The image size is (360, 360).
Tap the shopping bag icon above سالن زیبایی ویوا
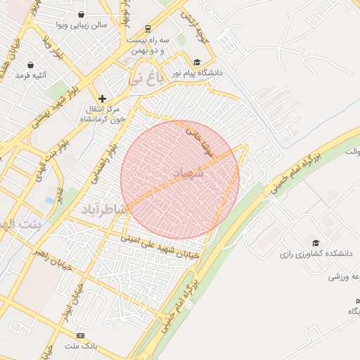click(82, 14)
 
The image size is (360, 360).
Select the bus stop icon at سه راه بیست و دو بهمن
click(148, 29)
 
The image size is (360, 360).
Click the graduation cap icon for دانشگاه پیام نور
click(197, 62)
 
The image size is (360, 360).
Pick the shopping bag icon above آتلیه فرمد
click(30, 65)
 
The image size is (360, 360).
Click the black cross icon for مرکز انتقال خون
click(103, 98)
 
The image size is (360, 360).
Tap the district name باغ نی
click(145, 77)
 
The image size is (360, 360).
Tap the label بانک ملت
click(80, 347)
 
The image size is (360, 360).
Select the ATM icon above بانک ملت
click(80, 336)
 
